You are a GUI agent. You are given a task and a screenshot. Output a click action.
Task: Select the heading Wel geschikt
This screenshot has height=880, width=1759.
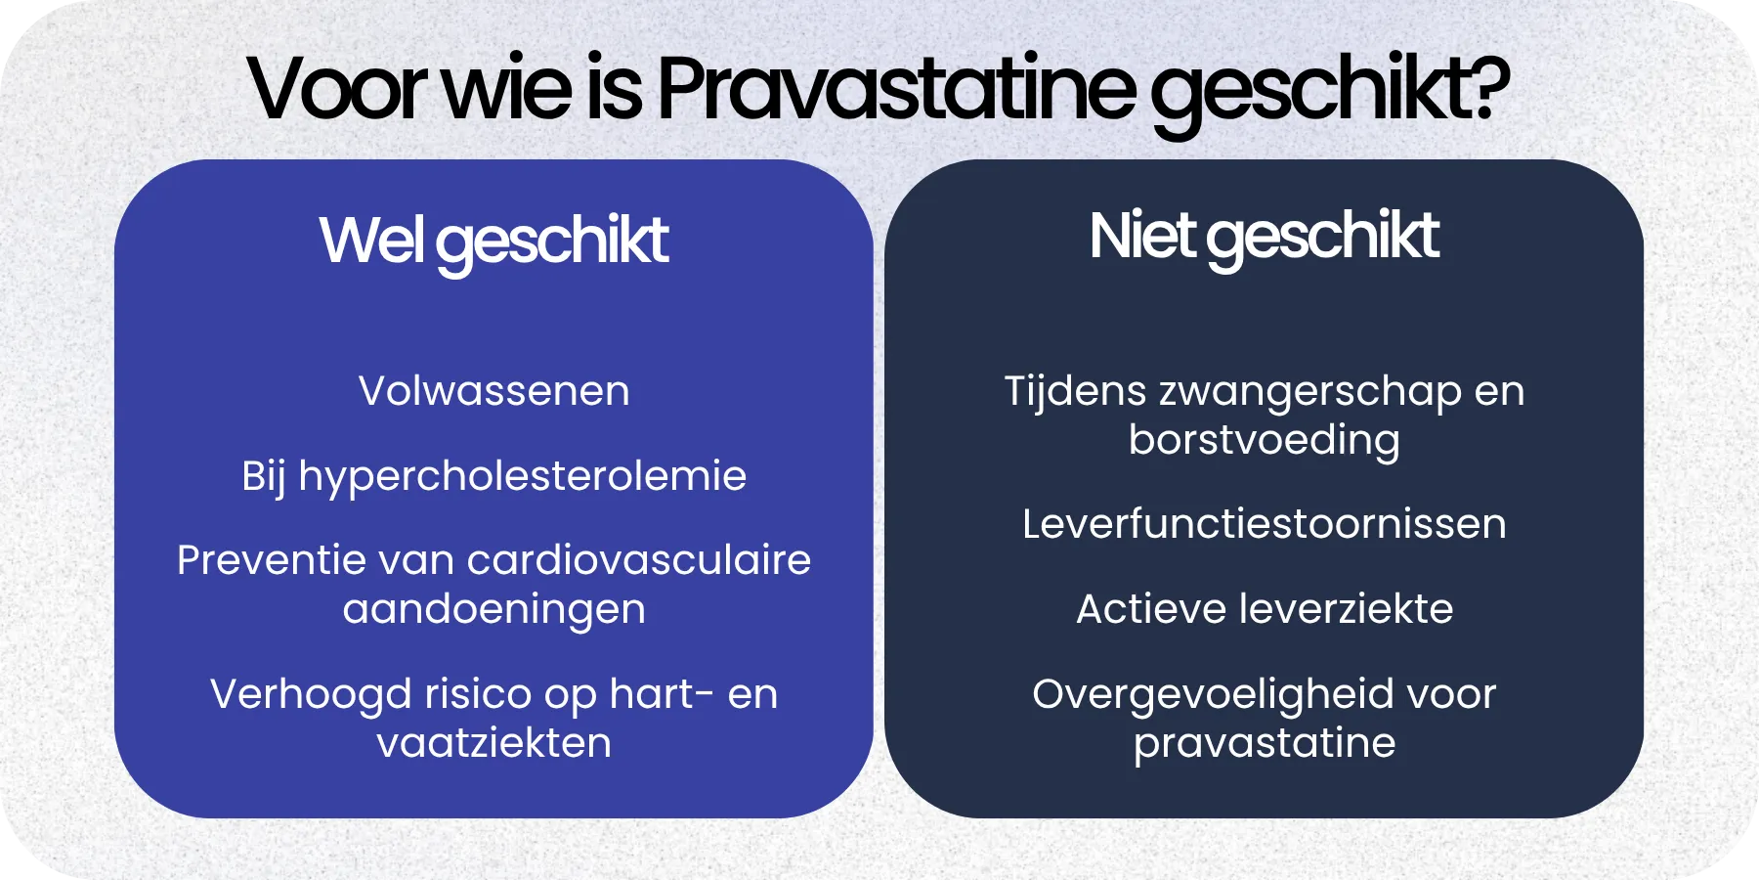point(493,242)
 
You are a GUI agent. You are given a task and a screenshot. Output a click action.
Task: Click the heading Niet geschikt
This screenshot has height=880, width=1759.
point(1264,238)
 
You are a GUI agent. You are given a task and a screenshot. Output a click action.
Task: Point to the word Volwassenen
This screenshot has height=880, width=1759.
point(493,391)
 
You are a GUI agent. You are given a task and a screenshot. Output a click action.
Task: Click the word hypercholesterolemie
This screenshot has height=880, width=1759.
point(522,477)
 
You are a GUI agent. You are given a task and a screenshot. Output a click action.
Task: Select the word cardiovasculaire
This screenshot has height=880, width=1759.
point(639,560)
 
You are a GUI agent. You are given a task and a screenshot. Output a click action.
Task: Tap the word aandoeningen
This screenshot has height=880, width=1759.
point(493,609)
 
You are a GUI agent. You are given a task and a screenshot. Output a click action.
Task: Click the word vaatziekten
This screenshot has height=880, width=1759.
point(493,743)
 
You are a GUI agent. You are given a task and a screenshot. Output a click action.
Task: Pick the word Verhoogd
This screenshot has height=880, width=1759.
point(311,694)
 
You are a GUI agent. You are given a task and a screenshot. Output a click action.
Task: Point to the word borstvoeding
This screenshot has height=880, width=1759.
point(1264,440)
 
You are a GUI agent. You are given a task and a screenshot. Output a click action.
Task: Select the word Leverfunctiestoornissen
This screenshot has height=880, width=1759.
point(1264,524)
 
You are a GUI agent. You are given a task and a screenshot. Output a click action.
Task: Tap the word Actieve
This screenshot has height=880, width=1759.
point(1150,609)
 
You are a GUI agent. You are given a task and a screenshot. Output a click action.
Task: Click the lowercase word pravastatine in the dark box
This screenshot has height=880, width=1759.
point(1264,744)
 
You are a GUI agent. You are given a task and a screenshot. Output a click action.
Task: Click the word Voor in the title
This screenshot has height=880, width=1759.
point(335,90)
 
